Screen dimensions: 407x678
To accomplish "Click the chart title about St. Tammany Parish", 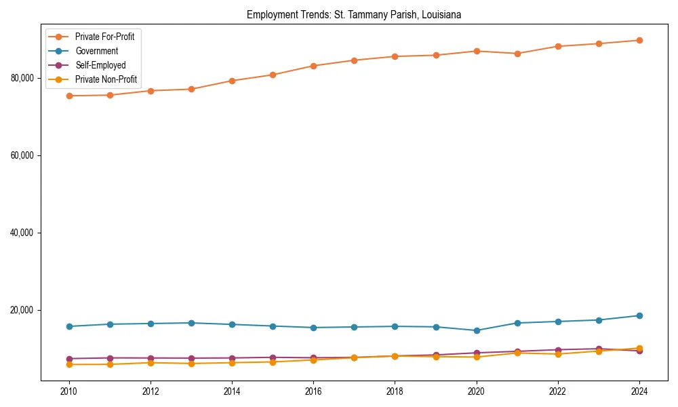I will pyautogui.click(x=354, y=15).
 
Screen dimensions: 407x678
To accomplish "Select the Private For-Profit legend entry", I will pyautogui.click(x=104, y=37).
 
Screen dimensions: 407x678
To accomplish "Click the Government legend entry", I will pyautogui.click(x=96, y=51).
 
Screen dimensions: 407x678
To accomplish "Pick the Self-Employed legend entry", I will pyautogui.click(x=100, y=65).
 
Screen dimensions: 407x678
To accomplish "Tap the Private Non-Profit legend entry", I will pyautogui.click(x=106, y=79).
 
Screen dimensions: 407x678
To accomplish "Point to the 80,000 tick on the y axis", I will pyautogui.click(x=23, y=78).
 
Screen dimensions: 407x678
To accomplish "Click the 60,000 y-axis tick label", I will pyautogui.click(x=23, y=155).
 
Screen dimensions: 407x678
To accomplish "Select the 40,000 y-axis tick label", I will pyautogui.click(x=23, y=233).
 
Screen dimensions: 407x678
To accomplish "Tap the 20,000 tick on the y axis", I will pyautogui.click(x=23, y=310).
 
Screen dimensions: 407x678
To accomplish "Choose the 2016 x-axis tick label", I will pyautogui.click(x=313, y=391).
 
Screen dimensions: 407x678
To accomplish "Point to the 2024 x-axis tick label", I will pyautogui.click(x=639, y=391).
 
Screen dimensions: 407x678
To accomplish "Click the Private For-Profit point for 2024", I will pyautogui.click(x=639, y=40).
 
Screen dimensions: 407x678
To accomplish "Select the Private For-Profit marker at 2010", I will pyautogui.click(x=68, y=96).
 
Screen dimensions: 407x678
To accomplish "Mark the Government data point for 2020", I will pyautogui.click(x=477, y=330).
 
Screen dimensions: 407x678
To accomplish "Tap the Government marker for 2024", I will pyautogui.click(x=639, y=315).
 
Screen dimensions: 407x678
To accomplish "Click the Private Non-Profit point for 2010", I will pyautogui.click(x=68, y=364).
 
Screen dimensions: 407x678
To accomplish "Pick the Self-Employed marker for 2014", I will pyautogui.click(x=232, y=358).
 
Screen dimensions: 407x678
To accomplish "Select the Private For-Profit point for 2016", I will pyautogui.click(x=313, y=66).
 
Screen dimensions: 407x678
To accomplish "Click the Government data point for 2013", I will pyautogui.click(x=191, y=323).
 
